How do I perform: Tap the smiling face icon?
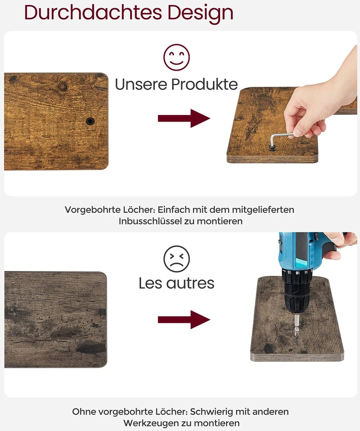(177, 57)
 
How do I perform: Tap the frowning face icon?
(177, 259)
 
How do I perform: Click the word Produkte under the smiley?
(205, 84)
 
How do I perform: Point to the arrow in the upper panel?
(184, 118)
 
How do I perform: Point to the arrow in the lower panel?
(184, 320)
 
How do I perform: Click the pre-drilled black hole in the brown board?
(90, 121)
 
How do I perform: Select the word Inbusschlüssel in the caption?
(150, 221)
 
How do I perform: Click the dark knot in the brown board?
(63, 86)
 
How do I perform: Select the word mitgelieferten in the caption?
(263, 210)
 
